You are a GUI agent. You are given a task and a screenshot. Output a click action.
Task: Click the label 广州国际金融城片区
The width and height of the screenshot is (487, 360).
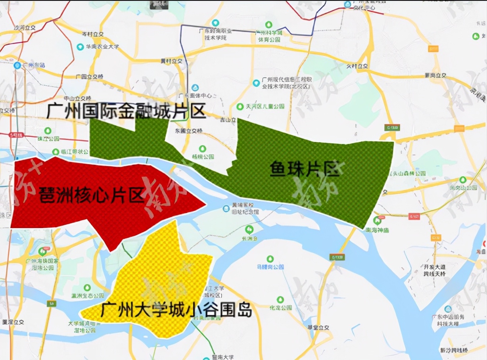pos(126,112)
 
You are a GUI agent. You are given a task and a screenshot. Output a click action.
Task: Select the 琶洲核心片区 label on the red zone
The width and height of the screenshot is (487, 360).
pos(91,195)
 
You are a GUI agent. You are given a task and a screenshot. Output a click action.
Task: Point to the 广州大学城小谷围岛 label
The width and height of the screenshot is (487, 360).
pos(176,309)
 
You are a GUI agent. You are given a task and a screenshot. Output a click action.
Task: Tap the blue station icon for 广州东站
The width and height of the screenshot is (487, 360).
pos(17,65)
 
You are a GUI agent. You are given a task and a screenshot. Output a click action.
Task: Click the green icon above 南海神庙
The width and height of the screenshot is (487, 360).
pos(377,220)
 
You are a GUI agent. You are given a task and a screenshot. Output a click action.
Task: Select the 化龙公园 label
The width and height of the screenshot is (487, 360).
pos(280,308)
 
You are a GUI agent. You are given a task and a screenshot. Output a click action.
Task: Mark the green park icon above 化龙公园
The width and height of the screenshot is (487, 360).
pos(280,299)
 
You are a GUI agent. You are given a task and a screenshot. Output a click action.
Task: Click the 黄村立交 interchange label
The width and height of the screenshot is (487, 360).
pos(171,61)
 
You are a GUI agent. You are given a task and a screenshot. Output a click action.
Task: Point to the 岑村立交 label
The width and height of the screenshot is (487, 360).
pos(92,34)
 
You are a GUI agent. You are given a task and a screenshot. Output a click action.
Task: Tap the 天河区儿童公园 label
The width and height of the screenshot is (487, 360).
pos(265,106)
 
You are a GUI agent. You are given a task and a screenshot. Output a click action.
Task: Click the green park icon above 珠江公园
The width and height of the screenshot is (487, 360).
pos(48,130)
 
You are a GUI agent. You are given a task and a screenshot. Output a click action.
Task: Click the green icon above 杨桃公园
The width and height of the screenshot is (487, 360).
pos(202,149)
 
